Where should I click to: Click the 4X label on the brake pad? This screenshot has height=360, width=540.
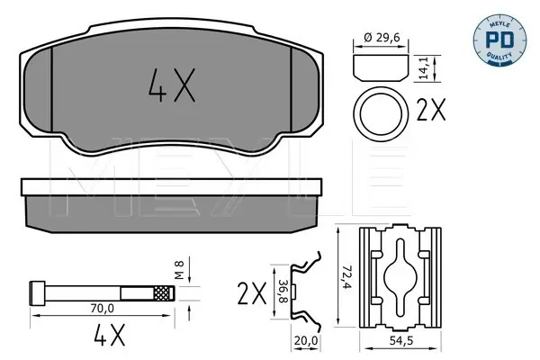click(x=172, y=85)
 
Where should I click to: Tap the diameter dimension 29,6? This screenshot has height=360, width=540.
click(x=382, y=37)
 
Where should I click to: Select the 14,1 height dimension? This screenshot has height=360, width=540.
click(x=423, y=68)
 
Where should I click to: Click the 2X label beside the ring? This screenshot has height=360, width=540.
click(x=431, y=110)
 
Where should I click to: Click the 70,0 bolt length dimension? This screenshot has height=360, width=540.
click(x=102, y=309)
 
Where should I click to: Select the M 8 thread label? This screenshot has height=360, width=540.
click(x=179, y=270)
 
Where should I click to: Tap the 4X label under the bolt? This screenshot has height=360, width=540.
click(x=110, y=334)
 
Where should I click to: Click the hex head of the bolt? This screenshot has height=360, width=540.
click(x=37, y=293)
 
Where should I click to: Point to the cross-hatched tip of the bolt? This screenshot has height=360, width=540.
click(x=164, y=293)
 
